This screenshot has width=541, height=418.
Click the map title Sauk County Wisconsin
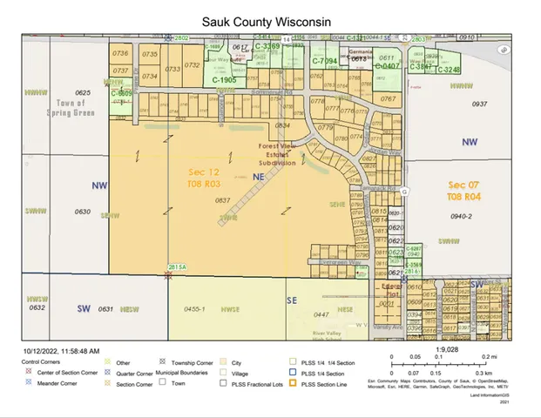pos(267,20)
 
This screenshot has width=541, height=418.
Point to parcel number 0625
pos(83,92)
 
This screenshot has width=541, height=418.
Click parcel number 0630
pos(83,212)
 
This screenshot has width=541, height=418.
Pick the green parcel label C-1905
pos(224,79)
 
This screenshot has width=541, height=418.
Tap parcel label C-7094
pos(324,61)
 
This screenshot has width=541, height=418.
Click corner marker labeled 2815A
pos(178,267)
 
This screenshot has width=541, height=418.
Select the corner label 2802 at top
pos(181,38)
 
